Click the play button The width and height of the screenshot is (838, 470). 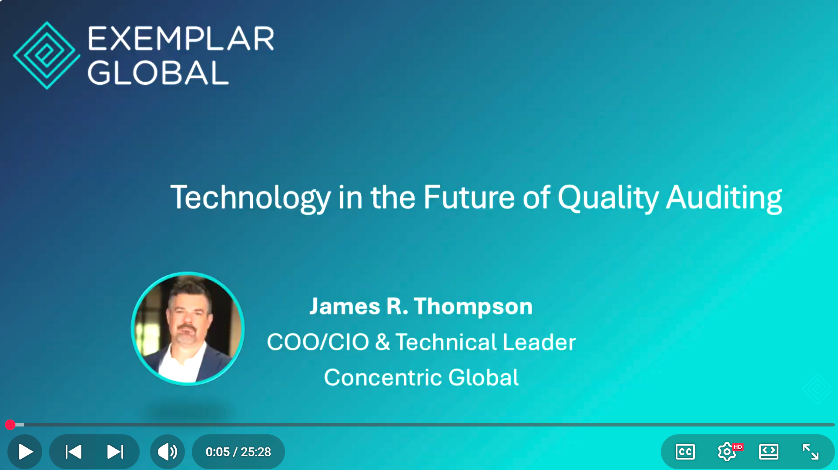tap(25, 452)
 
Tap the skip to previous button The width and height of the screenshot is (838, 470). tap(73, 452)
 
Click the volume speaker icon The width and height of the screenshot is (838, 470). tap(168, 452)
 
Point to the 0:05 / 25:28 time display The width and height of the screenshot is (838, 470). tap(238, 452)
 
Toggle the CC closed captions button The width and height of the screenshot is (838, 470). tap(685, 452)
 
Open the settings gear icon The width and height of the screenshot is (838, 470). tap(727, 452)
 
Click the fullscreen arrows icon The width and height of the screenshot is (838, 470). tap(810, 452)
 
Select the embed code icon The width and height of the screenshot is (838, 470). tap(769, 452)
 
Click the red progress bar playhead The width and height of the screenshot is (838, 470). tap(10, 424)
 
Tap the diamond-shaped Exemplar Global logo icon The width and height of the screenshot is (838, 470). tap(47, 55)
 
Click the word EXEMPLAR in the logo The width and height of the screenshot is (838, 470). tap(181, 38)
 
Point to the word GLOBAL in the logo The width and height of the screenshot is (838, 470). tap(158, 73)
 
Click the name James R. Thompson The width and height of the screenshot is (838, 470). tap(421, 306)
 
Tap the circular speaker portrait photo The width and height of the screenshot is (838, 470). tap(188, 329)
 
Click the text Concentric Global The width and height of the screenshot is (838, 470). tap(421, 377)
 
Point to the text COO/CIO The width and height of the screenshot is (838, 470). tap(318, 342)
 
